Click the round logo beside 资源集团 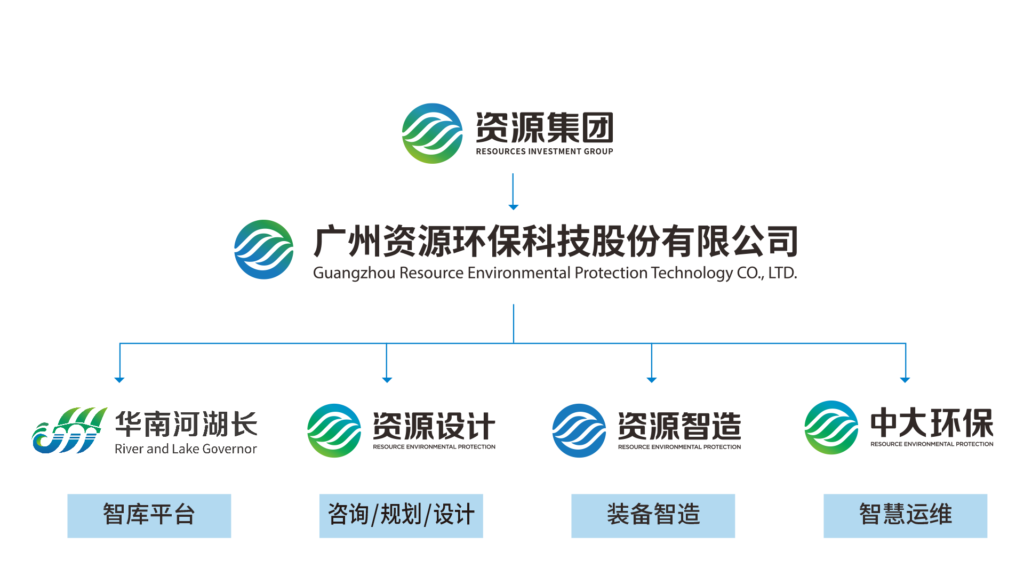432,133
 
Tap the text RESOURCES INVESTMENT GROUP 544,151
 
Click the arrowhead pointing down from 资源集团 513,207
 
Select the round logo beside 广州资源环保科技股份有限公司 264,250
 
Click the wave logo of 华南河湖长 68,431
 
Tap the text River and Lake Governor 186,449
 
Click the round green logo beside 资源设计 334,430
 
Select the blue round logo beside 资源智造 579,430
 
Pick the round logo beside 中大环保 831,428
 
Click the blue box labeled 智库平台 149,516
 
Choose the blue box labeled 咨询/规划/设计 401,516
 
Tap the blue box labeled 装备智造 653,516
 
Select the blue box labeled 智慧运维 905,516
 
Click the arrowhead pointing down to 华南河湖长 119,380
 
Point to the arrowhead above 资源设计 387,380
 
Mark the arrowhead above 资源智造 651,380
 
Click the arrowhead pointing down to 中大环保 905,380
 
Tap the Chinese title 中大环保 932,423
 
